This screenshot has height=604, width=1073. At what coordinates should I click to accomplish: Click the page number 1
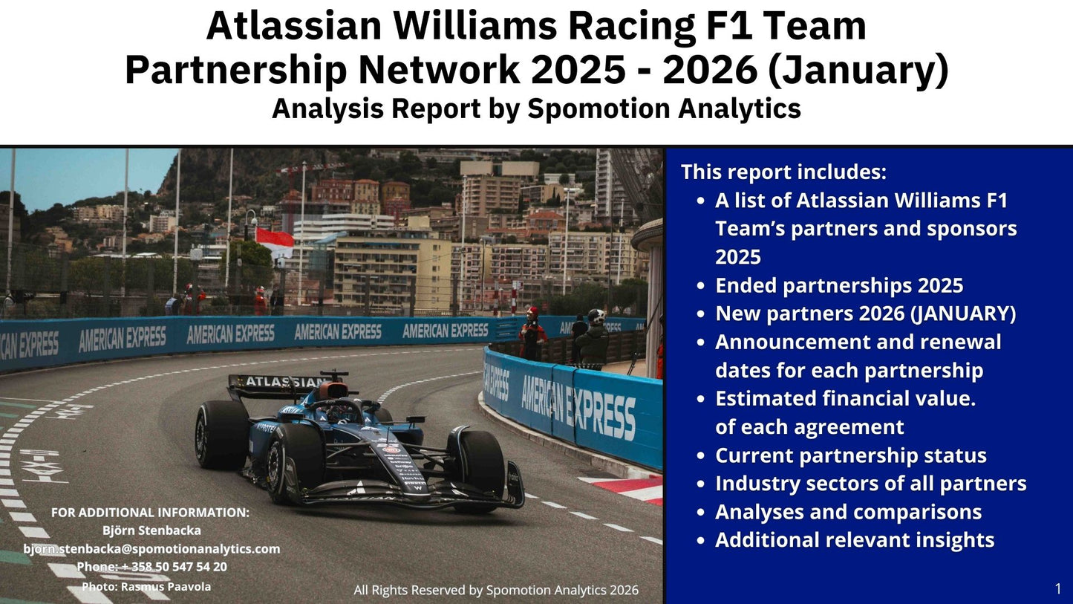click(1057, 589)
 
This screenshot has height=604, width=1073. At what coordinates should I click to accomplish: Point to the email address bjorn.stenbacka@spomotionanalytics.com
click(151, 549)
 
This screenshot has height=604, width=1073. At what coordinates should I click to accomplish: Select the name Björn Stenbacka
click(151, 530)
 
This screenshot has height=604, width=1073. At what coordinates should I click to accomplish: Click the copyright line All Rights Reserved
click(495, 590)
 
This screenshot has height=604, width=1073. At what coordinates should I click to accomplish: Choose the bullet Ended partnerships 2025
click(839, 285)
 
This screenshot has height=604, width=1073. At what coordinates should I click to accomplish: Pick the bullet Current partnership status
click(850, 455)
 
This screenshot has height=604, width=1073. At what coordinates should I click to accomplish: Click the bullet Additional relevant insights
click(854, 540)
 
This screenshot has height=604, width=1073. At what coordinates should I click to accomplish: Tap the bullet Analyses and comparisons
click(848, 512)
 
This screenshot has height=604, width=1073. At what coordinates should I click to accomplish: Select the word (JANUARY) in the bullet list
click(963, 314)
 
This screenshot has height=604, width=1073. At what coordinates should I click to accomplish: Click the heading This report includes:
click(783, 172)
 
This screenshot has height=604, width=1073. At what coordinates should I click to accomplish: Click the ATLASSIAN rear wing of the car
click(278, 383)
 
